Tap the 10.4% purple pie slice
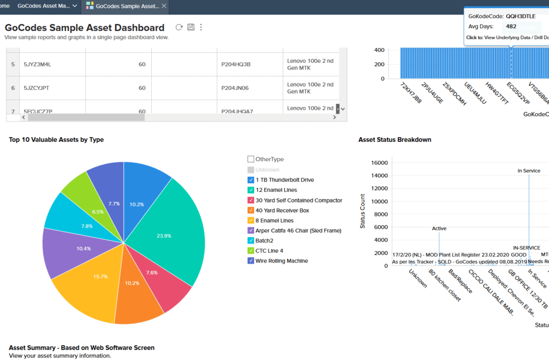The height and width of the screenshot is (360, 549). pyautogui.click(x=67, y=249)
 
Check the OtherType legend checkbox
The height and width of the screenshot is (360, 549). pyautogui.click(x=251, y=159)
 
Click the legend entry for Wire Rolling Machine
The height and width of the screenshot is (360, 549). pyautogui.click(x=281, y=261)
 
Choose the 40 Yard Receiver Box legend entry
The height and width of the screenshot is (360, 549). pyautogui.click(x=282, y=211)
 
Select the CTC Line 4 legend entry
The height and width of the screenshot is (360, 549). pyautogui.click(x=269, y=251)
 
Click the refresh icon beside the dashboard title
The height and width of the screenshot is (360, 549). pyautogui.click(x=179, y=27)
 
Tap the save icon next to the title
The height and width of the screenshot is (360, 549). pyautogui.click(x=190, y=27)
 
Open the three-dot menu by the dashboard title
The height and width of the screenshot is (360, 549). pyautogui.click(x=201, y=27)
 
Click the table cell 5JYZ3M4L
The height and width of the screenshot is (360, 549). pyautogui.click(x=37, y=64)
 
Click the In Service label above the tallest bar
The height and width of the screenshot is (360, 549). pyautogui.click(x=529, y=171)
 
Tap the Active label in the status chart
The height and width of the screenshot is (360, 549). pyautogui.click(x=439, y=229)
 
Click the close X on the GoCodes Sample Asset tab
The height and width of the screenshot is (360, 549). pyautogui.click(x=164, y=6)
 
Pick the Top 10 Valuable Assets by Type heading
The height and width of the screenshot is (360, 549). pyautogui.click(x=56, y=140)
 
